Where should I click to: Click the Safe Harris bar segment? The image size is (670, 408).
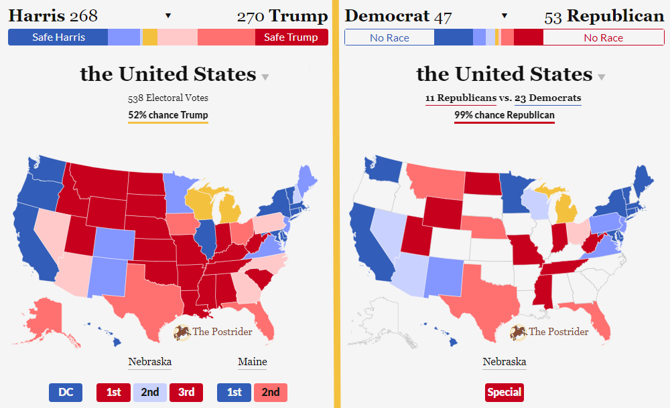[58, 37]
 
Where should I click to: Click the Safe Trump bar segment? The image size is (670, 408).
[291, 37]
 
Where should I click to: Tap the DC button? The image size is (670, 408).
[66, 392]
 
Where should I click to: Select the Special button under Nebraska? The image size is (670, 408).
[505, 392]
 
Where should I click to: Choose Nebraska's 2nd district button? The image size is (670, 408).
[150, 392]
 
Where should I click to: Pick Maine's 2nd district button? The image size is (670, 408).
[271, 392]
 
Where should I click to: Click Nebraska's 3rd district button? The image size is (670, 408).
[186, 392]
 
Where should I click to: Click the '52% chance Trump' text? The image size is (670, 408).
[168, 115]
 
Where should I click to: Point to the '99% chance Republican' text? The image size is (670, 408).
[505, 115]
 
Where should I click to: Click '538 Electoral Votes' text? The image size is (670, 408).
[168, 98]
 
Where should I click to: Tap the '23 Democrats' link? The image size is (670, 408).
[547, 98]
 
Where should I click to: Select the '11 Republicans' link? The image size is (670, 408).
[461, 98]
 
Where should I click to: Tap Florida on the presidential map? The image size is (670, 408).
[264, 321]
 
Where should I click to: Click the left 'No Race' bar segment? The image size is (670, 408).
[389, 37]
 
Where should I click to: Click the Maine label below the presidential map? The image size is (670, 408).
[252, 362]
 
